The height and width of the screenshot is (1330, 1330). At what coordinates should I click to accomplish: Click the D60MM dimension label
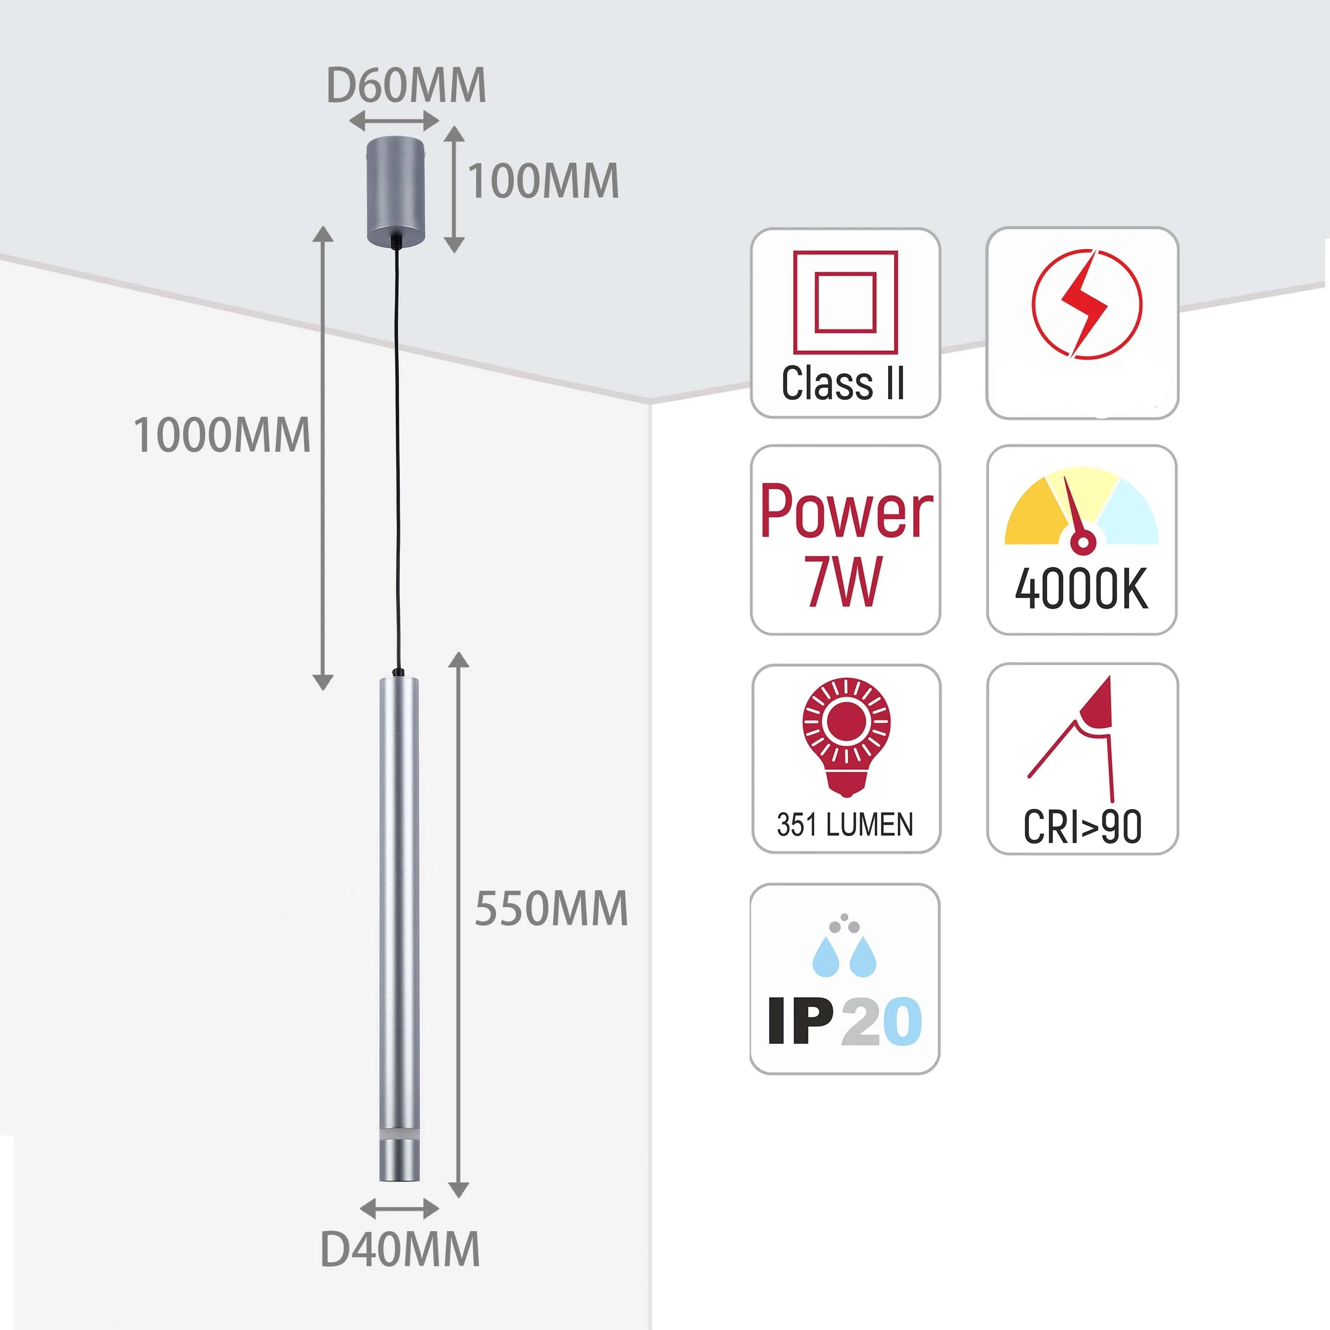[406, 86]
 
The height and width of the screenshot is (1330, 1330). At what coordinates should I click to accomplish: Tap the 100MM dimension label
[543, 182]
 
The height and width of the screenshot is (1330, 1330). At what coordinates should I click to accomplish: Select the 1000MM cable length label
[222, 436]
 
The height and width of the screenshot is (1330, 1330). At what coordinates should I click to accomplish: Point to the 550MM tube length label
[551, 909]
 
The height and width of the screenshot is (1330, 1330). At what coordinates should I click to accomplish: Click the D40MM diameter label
[400, 1249]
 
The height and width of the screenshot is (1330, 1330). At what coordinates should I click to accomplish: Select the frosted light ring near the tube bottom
[399, 1134]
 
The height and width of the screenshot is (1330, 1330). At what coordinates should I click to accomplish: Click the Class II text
[843, 383]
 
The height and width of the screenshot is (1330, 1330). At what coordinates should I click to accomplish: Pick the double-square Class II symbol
[845, 302]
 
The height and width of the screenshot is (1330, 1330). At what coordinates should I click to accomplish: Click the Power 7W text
[845, 544]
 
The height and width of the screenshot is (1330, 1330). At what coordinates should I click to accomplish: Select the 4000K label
[1081, 589]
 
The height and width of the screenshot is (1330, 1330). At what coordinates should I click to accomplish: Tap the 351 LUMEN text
[845, 825]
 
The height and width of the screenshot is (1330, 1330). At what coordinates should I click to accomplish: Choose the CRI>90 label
[1082, 827]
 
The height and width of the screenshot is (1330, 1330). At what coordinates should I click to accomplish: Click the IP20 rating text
[845, 1021]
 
